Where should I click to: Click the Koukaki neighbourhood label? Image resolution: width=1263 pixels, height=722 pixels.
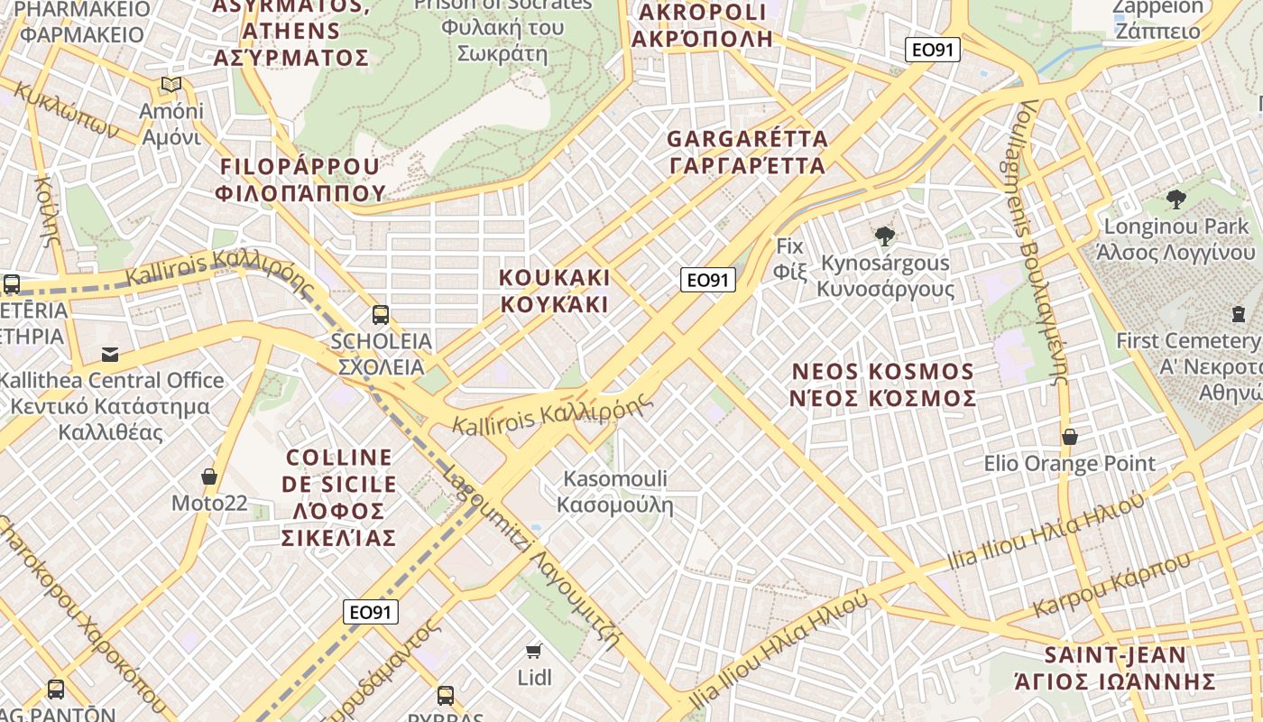[x=555, y=291]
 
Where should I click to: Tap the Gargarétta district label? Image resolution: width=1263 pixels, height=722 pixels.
[x=747, y=152]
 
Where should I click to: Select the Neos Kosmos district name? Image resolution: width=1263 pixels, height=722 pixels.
[x=883, y=384]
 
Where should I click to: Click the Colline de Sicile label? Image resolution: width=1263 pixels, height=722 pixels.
[x=339, y=497]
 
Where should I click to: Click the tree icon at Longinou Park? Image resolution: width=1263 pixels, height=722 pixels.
[x=1175, y=199]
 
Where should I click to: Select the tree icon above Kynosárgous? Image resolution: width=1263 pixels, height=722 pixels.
[x=885, y=236]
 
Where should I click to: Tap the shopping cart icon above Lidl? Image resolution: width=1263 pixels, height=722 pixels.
[x=534, y=650]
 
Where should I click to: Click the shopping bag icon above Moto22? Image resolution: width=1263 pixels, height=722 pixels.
[x=209, y=476]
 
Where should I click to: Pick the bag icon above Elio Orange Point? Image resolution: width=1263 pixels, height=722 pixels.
[x=1070, y=437]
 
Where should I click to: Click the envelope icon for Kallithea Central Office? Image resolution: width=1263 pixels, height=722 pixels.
[x=110, y=354]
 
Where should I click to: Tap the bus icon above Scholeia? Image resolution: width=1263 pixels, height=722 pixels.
[x=381, y=315]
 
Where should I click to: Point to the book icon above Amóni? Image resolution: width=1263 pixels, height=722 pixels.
[x=171, y=85]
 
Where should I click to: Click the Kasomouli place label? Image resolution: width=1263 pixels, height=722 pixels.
[x=615, y=491]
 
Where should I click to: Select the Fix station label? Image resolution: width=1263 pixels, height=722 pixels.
[x=789, y=258]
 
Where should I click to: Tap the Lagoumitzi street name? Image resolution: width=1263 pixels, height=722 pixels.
[x=532, y=560]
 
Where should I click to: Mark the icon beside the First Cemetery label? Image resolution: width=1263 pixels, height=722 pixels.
[x=1238, y=314]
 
